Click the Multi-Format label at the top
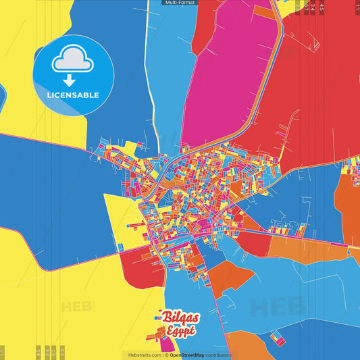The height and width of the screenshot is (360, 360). click(x=180, y=3)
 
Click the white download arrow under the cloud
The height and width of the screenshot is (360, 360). click(x=72, y=79)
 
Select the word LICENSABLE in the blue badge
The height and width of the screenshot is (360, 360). click(x=73, y=95)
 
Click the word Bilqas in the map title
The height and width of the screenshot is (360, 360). click(x=177, y=317)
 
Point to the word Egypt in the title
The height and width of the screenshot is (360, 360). click(x=180, y=331)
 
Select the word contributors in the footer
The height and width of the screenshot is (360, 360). click(x=219, y=355)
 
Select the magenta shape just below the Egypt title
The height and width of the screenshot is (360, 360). click(x=166, y=344)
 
